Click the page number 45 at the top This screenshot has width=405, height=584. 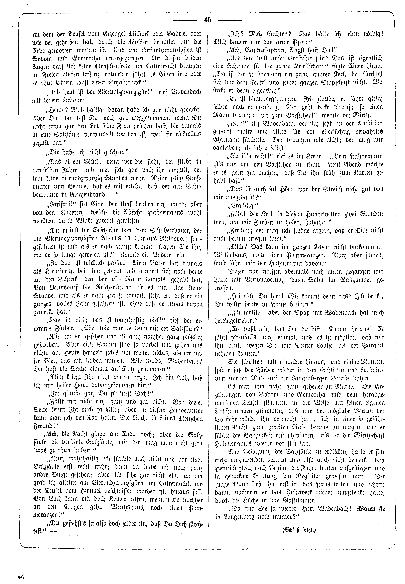coord(207,20)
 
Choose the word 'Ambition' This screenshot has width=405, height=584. coord(368,123)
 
